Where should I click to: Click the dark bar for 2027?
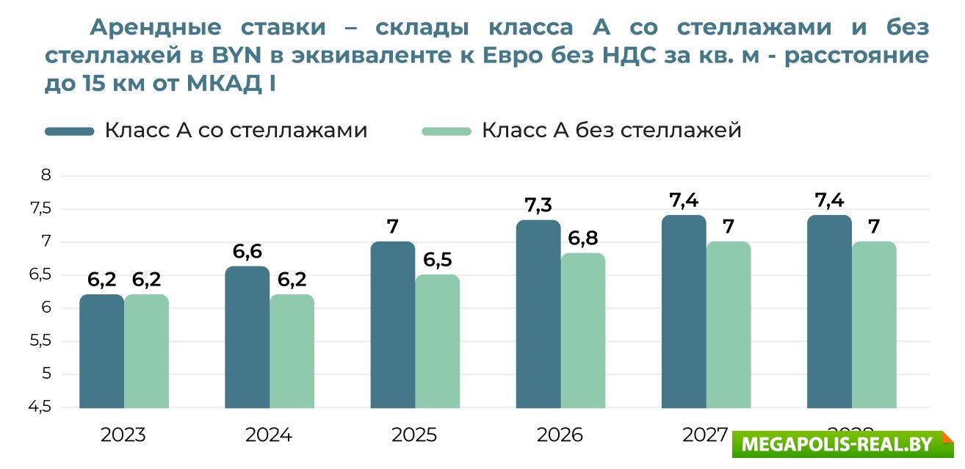pos(683,311)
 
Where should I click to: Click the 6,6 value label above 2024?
pos(247,252)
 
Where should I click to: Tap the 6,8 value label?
pos(583,239)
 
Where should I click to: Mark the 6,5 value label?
pos(438,260)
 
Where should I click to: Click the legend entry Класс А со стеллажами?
pos(206,131)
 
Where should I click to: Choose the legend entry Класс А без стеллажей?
pos(582,131)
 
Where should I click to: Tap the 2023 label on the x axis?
pos(123,435)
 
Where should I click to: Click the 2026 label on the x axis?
pos(560,435)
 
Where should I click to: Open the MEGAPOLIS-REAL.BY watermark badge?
pos(842,445)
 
